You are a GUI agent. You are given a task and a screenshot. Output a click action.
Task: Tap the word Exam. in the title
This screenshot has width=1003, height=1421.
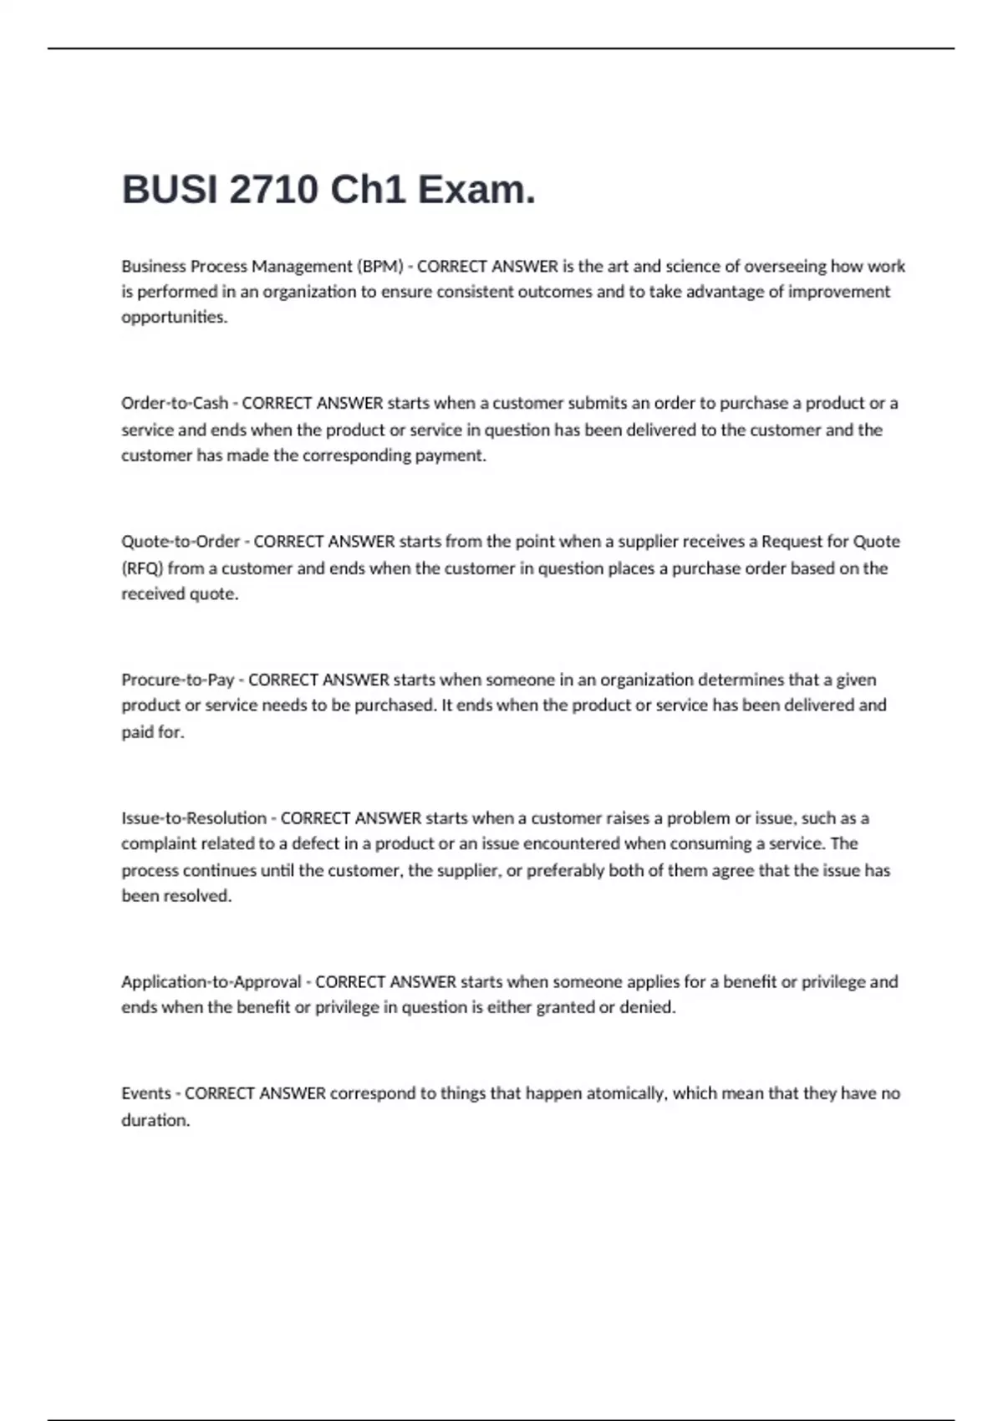476,190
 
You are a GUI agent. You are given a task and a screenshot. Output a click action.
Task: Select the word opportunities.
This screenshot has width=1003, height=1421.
174,318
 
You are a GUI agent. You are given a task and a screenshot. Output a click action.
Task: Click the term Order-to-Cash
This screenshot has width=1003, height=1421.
175,403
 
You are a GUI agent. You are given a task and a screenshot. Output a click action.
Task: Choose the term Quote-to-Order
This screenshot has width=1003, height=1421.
181,542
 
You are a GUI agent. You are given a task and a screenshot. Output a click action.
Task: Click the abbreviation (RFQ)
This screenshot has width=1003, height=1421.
142,568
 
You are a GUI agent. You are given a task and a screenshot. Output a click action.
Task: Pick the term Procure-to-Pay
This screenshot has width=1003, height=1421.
177,680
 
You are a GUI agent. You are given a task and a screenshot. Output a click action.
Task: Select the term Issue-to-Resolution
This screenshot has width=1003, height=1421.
194,817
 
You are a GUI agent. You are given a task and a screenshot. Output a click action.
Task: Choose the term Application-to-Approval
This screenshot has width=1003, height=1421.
211,981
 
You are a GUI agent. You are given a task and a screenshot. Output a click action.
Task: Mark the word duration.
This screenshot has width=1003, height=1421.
155,1120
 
